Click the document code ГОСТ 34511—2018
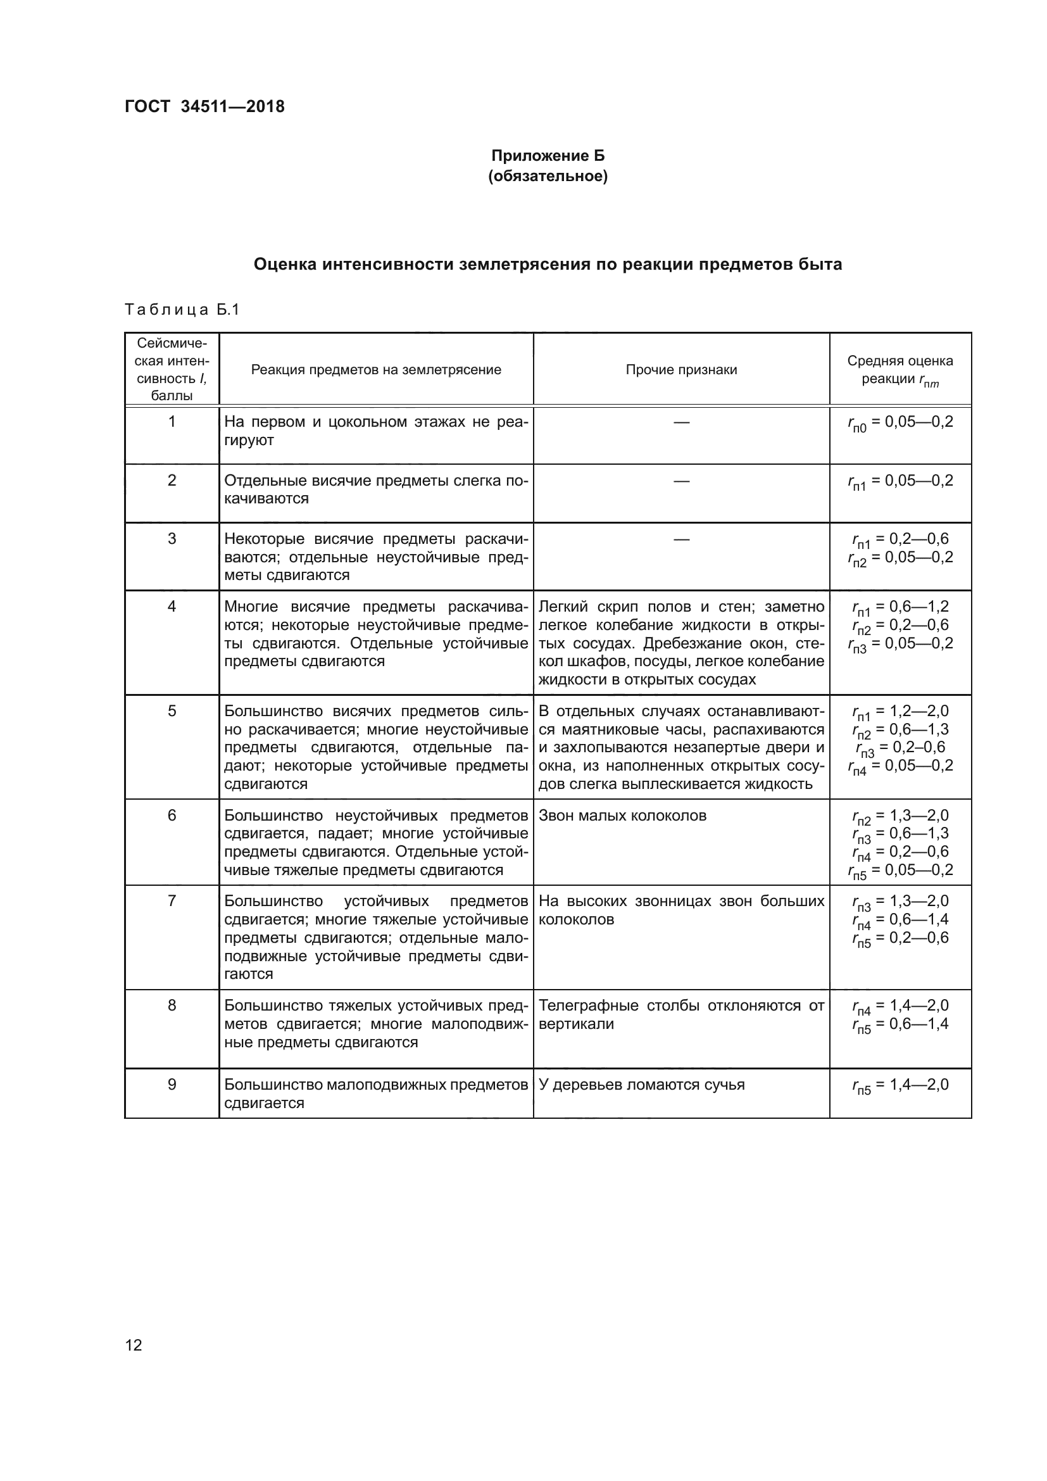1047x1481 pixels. pos(204,106)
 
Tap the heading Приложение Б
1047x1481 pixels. pos(548,156)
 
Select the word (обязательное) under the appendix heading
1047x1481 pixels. pos(548,176)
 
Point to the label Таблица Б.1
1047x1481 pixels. pos(182,310)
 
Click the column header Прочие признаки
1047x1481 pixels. pos(681,370)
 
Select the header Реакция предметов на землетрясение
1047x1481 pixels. pos(376,370)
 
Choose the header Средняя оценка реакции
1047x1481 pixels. pos(900,370)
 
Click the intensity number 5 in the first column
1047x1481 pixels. pos(172,711)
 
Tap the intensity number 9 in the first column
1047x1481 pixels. pos(172,1084)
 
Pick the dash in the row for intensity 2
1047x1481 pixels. pos(681,481)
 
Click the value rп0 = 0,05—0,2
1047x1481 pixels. pos(900,422)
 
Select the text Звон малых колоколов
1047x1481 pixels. pos(622,816)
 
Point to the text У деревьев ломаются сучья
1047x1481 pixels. pos(641,1084)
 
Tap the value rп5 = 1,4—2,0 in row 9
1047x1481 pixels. pos(900,1085)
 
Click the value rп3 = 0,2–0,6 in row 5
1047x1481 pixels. pos(900,748)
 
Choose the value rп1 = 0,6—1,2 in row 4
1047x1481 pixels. pos(900,607)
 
